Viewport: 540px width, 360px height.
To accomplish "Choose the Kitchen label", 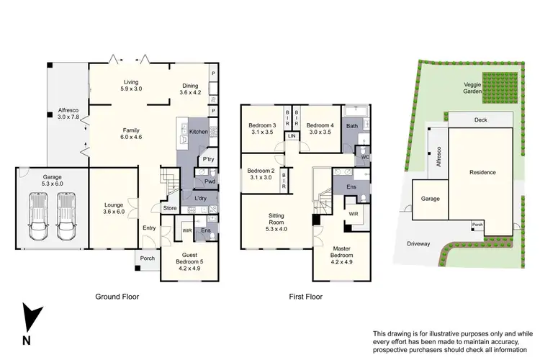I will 199,132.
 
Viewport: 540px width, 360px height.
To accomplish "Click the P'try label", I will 209,159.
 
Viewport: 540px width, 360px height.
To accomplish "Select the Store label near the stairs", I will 170,209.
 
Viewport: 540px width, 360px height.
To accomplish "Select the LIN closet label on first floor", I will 292,136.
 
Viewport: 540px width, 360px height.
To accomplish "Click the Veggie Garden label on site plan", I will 472,88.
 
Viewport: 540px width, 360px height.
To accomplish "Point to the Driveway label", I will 418,243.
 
